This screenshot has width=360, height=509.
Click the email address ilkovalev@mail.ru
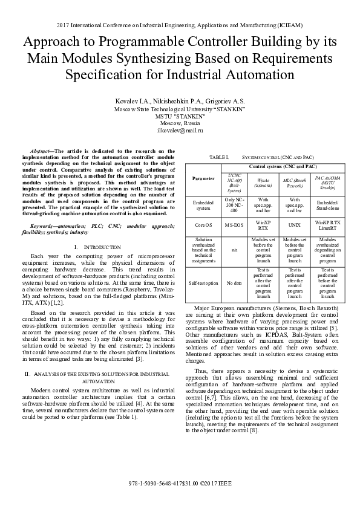click(x=180, y=130)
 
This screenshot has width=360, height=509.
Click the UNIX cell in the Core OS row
click(x=295, y=224)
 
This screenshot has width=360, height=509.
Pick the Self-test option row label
click(x=203, y=282)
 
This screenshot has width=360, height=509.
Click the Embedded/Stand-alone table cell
click(x=327, y=204)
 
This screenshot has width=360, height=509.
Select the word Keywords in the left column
click(x=45, y=225)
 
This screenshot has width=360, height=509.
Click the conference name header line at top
click(x=180, y=25)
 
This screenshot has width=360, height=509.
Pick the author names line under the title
click(x=180, y=100)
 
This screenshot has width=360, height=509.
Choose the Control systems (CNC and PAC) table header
click(x=283, y=166)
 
